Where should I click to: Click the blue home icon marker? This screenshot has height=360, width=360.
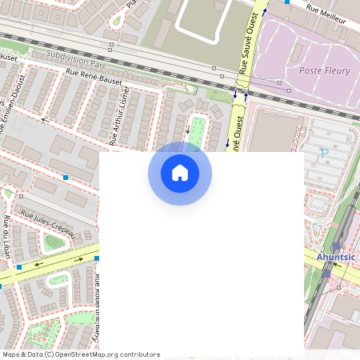[x=180, y=173]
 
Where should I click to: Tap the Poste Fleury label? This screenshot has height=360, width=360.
[x=324, y=71]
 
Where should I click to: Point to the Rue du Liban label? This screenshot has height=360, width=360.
[x=6, y=232]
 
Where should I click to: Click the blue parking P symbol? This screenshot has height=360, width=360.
[x=324, y=152]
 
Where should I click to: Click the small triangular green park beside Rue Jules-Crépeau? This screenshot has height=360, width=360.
[x=54, y=242]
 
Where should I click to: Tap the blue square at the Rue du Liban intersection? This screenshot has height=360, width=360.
[x=18, y=266]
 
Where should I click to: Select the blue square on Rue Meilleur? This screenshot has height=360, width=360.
[x=286, y=2]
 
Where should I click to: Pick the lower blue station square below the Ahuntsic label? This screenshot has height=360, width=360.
[x=326, y=273]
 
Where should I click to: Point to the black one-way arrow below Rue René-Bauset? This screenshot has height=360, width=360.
[x=46, y=119]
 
